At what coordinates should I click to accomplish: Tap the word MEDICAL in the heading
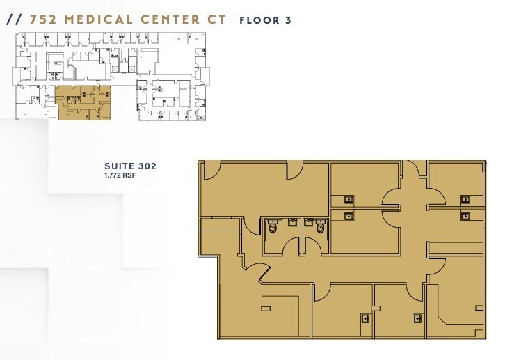point(97,19)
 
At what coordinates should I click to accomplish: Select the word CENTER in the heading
point(166,19)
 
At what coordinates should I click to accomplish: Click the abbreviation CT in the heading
point(216,19)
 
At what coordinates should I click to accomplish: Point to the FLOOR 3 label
point(265,20)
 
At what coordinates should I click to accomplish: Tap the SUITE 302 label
point(130,166)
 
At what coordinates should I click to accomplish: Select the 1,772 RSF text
point(121,175)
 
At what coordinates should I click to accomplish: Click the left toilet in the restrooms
point(273,227)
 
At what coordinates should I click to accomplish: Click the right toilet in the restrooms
point(321,227)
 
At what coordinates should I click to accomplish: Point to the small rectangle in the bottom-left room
point(265,308)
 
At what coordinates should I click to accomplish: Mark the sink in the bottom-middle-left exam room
point(364,318)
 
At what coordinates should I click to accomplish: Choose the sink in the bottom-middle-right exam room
point(417,318)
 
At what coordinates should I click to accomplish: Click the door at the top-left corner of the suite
point(211,171)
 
